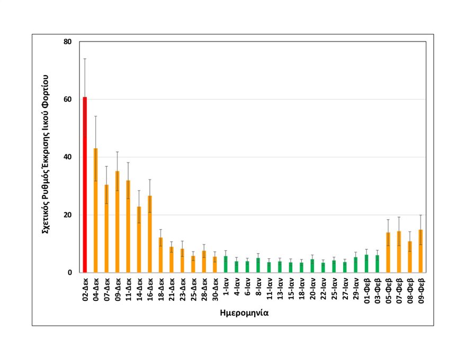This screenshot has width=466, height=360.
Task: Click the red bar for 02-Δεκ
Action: tap(85, 185)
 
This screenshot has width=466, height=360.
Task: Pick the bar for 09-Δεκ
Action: tap(117, 222)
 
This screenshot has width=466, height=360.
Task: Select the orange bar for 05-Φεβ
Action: tap(388, 253)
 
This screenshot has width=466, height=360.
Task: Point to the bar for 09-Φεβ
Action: tap(420, 251)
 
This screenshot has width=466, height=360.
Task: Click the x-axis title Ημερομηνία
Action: tap(244, 313)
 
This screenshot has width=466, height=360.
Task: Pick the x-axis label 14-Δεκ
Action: tap(139, 290)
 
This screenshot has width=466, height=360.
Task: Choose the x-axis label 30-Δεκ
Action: tap(215, 290)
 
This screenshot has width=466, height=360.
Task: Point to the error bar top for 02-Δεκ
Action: tap(85, 59)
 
